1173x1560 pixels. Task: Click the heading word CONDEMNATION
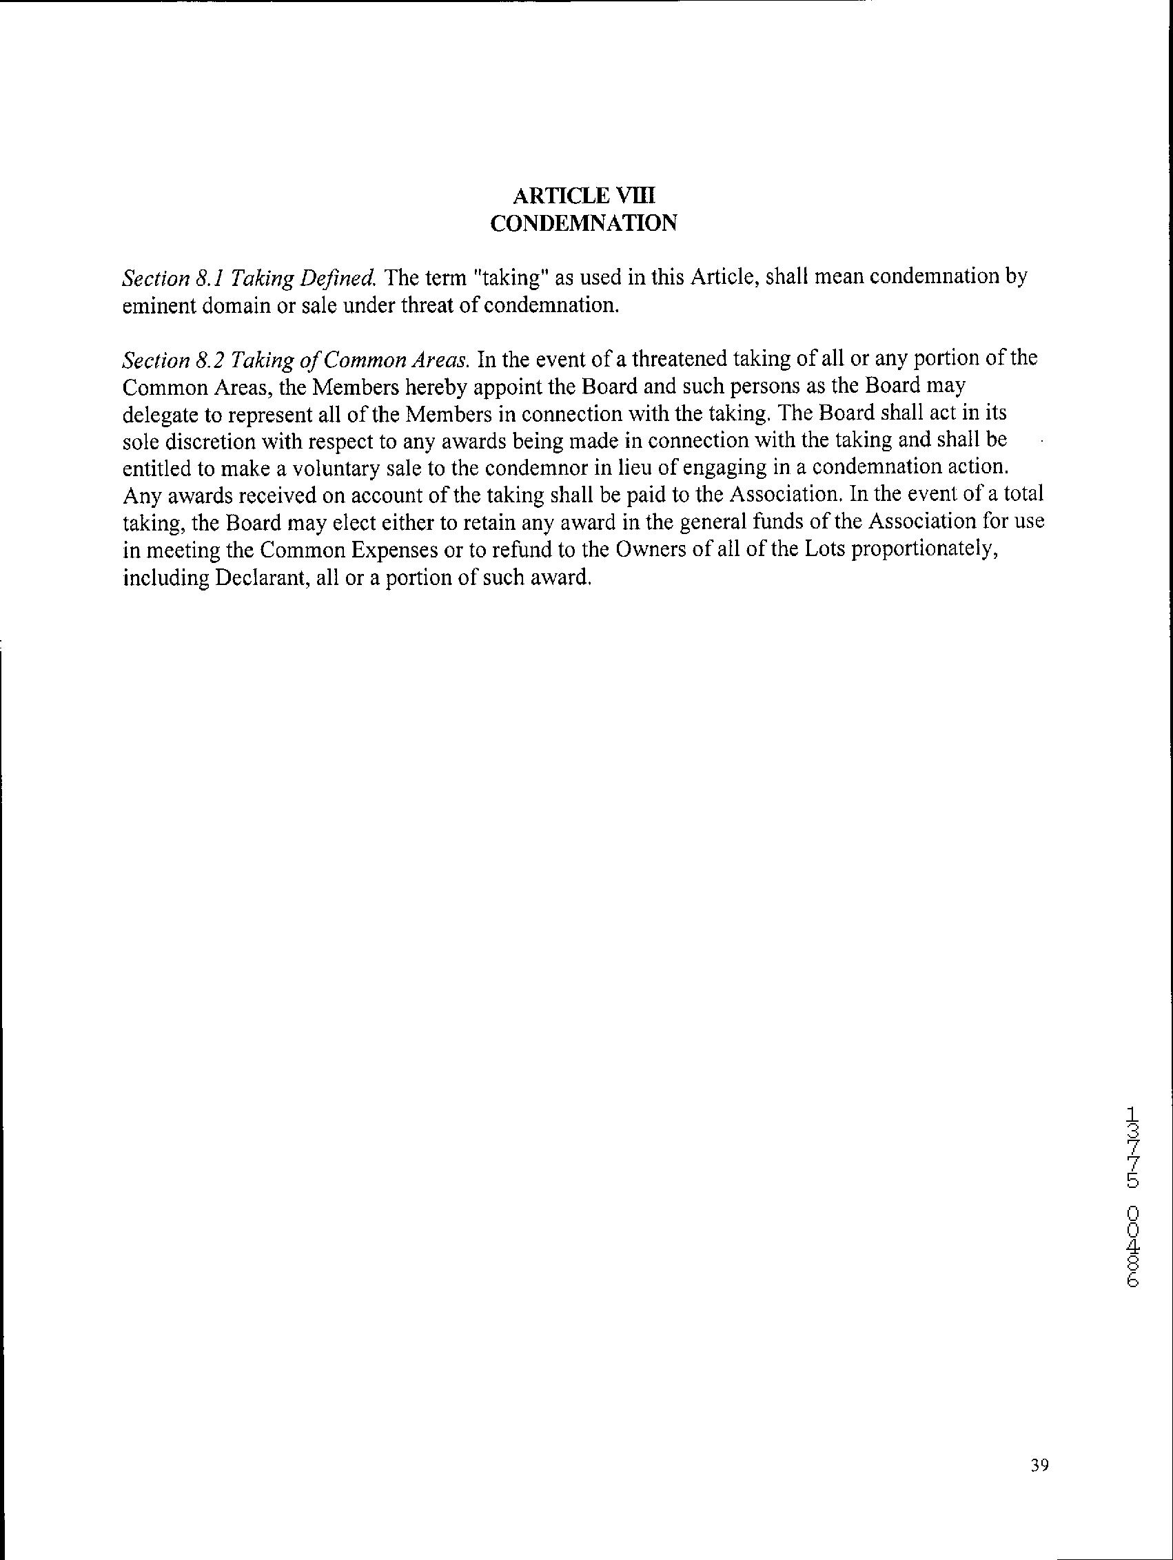pyautogui.click(x=583, y=223)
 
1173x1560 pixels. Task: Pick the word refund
pyautogui.click(x=517, y=551)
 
